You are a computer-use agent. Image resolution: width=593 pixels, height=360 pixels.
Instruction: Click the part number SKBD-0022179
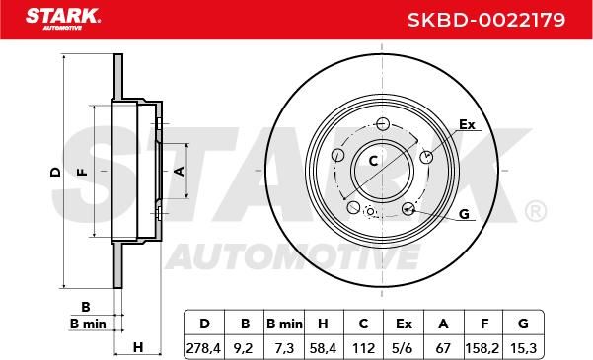coord(486,20)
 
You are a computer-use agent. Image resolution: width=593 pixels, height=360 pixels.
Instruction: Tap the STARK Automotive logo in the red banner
coord(63,20)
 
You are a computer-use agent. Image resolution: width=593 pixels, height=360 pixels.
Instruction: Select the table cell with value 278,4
coord(203,348)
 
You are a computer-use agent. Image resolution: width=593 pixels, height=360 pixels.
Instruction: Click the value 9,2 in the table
coord(243,348)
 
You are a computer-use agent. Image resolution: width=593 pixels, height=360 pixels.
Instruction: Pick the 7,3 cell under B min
coord(284,348)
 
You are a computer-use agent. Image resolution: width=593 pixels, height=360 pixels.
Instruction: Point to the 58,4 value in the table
coord(323,348)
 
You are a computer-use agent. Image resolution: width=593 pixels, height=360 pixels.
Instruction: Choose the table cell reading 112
coord(363,348)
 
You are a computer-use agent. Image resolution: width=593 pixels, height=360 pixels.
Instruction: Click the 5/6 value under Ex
coord(404,348)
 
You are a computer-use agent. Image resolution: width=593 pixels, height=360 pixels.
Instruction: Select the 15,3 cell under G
coord(523,348)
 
